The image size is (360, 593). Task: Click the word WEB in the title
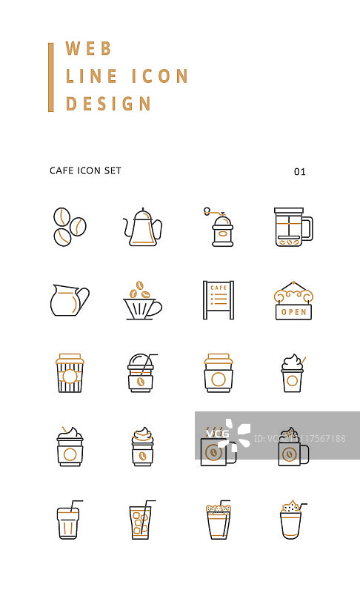pos(88,48)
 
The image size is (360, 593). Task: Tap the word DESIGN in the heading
pos(108,104)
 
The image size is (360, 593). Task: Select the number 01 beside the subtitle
pos(300,172)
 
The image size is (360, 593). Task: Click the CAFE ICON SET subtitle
pos(85,170)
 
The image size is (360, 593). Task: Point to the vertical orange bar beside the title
pos(51,78)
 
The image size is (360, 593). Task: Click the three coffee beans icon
pos(70,227)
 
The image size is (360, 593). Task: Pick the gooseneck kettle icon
pos(143,227)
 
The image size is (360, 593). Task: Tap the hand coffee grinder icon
pos(219,227)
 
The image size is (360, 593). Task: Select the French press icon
pos(293,227)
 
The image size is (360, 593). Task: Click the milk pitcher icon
pos(70,300)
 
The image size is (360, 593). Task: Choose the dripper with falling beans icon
pos(143,300)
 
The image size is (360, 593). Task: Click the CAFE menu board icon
pos(219,300)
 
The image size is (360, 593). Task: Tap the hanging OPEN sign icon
pos(293,301)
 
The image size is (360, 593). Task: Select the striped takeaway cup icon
pos(70,374)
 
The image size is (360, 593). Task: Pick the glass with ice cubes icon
pos(141,520)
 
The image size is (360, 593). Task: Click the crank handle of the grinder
pos(212,212)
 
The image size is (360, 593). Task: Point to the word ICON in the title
pos(160,76)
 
